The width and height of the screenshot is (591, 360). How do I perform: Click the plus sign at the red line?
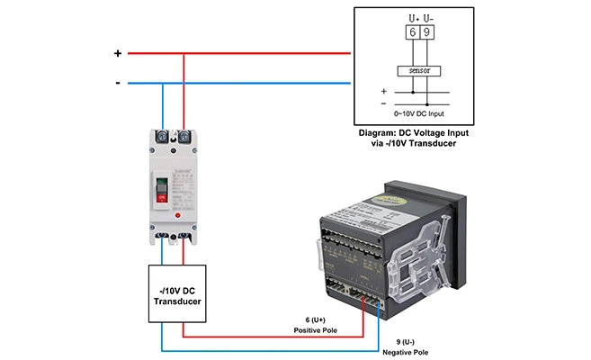point(117,53)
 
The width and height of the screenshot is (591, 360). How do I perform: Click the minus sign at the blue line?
point(117,84)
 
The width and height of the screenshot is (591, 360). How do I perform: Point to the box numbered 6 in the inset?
point(412,33)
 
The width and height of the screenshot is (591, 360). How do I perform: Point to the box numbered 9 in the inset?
point(426,33)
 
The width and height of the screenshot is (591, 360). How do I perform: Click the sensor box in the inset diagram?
point(419,69)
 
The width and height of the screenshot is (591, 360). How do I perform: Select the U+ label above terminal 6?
point(412,17)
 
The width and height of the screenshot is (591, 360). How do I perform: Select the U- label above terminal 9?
point(428,17)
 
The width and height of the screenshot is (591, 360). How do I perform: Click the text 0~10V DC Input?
point(419,113)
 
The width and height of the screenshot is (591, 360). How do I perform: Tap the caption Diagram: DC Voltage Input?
point(419,132)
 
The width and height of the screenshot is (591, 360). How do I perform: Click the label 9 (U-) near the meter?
point(408,341)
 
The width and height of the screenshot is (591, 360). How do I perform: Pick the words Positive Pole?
point(314,330)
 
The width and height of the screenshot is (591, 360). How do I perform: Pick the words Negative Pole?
point(408,353)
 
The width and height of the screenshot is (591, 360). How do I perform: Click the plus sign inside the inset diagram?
point(384,91)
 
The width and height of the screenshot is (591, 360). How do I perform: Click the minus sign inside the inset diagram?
point(384,103)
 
